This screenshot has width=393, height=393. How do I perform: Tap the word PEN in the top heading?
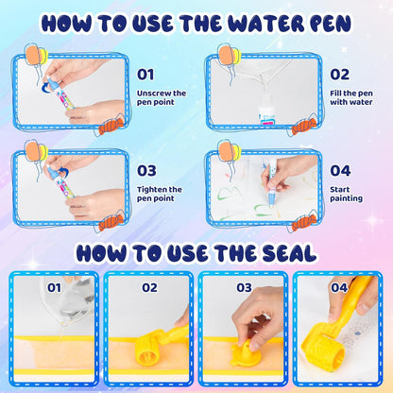(x=329, y=22)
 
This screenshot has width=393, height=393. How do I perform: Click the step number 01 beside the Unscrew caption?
(x=145, y=74)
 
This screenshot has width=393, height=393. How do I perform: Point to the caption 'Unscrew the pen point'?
(x=162, y=99)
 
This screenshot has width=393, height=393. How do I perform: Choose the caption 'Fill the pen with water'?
(x=353, y=99)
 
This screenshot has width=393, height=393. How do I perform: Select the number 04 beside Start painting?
(x=340, y=171)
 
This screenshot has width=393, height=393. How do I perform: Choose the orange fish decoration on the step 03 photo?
(x=111, y=223)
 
